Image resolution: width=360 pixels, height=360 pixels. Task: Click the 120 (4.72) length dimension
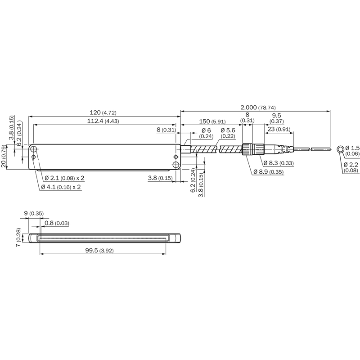point(103,112)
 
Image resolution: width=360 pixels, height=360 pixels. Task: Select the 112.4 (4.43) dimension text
point(103,121)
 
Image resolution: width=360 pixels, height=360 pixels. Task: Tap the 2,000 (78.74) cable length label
point(258,107)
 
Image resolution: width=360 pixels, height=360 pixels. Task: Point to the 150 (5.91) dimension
point(212,121)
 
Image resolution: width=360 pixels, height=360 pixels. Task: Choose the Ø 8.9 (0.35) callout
point(269,172)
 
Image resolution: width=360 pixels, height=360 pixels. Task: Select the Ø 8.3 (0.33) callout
point(279,163)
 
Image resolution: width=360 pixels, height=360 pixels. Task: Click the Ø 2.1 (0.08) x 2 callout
point(64,178)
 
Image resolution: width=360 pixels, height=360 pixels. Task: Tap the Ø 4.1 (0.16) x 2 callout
point(61,187)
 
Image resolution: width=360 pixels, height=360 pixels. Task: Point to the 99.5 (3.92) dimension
point(99,251)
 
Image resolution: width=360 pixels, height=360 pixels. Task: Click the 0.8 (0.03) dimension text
point(57,223)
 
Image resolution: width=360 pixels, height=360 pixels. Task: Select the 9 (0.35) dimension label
point(34,213)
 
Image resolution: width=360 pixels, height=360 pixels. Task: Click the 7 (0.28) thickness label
point(18,238)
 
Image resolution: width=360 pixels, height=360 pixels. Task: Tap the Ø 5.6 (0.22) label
point(228,133)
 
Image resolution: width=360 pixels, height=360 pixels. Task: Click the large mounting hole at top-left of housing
point(34,149)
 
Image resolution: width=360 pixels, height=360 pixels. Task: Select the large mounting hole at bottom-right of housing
point(176,164)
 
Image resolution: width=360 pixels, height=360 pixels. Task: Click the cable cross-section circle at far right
point(340,149)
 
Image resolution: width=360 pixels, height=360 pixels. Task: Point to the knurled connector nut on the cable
point(247,149)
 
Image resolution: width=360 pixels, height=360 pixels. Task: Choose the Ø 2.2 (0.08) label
point(351,167)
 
